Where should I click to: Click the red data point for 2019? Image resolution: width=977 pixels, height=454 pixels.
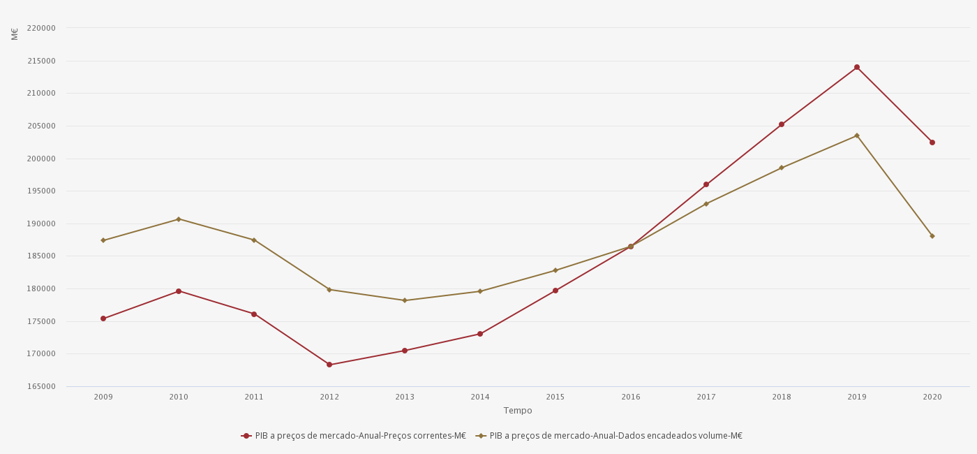pyautogui.click(x=857, y=67)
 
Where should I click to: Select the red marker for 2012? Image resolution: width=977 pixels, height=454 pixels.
pyautogui.click(x=329, y=365)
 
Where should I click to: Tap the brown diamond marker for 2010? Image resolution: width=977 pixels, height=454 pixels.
pyautogui.click(x=179, y=219)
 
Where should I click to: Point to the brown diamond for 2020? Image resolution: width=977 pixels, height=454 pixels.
pyautogui.click(x=932, y=236)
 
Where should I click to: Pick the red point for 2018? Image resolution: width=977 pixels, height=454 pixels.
pyautogui.click(x=782, y=124)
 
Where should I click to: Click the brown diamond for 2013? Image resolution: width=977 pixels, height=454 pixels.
pyautogui.click(x=405, y=300)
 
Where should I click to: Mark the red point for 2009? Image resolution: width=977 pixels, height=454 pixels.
pyautogui.click(x=103, y=318)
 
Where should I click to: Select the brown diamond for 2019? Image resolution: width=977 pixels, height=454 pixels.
pyautogui.click(x=857, y=136)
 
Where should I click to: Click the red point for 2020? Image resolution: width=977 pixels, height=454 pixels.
pyautogui.click(x=932, y=142)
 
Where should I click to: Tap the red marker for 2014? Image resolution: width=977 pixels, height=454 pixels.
pyautogui.click(x=480, y=334)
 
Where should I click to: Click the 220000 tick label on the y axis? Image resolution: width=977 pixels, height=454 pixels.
pyautogui.click(x=41, y=28)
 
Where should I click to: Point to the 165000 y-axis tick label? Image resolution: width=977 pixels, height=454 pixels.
pyautogui.click(x=41, y=386)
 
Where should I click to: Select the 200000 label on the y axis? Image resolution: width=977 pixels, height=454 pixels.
pyautogui.click(x=41, y=159)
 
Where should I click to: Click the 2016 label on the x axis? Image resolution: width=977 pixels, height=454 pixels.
pyautogui.click(x=631, y=397)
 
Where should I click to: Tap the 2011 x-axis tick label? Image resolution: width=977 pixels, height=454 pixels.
pyautogui.click(x=254, y=397)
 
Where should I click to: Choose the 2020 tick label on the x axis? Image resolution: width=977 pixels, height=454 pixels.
pyautogui.click(x=932, y=397)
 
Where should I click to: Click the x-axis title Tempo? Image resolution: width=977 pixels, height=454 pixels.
pyautogui.click(x=518, y=411)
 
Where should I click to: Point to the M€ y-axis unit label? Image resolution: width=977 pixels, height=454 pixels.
pyautogui.click(x=15, y=34)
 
